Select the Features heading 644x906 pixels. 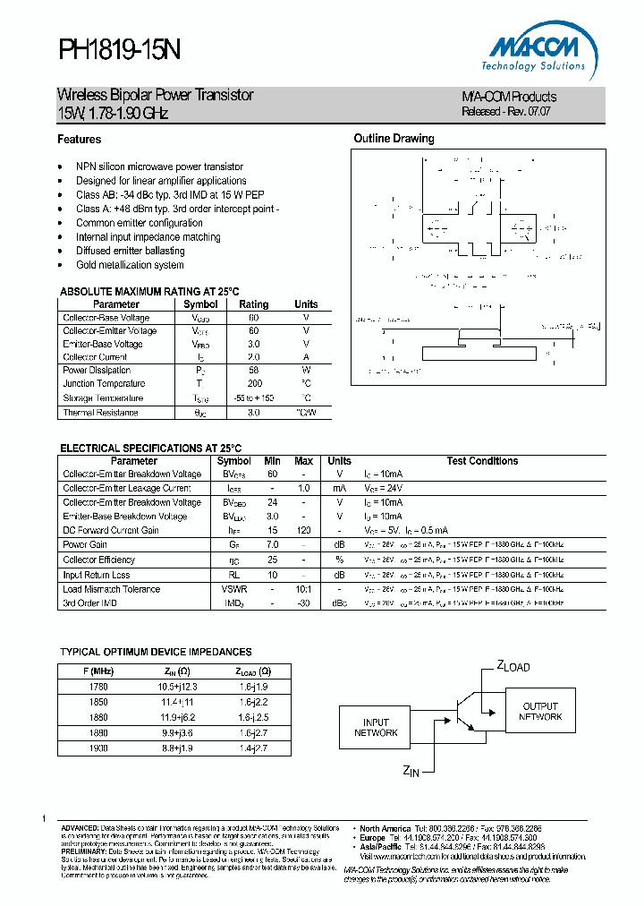coord(80,140)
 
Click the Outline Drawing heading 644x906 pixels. coord(394,139)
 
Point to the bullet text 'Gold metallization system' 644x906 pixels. coord(130,266)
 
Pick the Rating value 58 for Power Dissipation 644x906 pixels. coord(254,371)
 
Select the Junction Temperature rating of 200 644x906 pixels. coord(254,384)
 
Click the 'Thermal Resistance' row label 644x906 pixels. coord(100,413)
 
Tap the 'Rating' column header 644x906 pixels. coord(254,304)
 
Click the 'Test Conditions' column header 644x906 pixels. coord(482,461)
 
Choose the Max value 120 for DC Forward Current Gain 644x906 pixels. coord(303,531)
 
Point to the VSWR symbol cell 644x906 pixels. coord(234,589)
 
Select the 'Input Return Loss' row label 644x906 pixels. coord(97,575)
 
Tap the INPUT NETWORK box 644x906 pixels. coord(376,728)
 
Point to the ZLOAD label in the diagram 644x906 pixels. coord(513,666)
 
